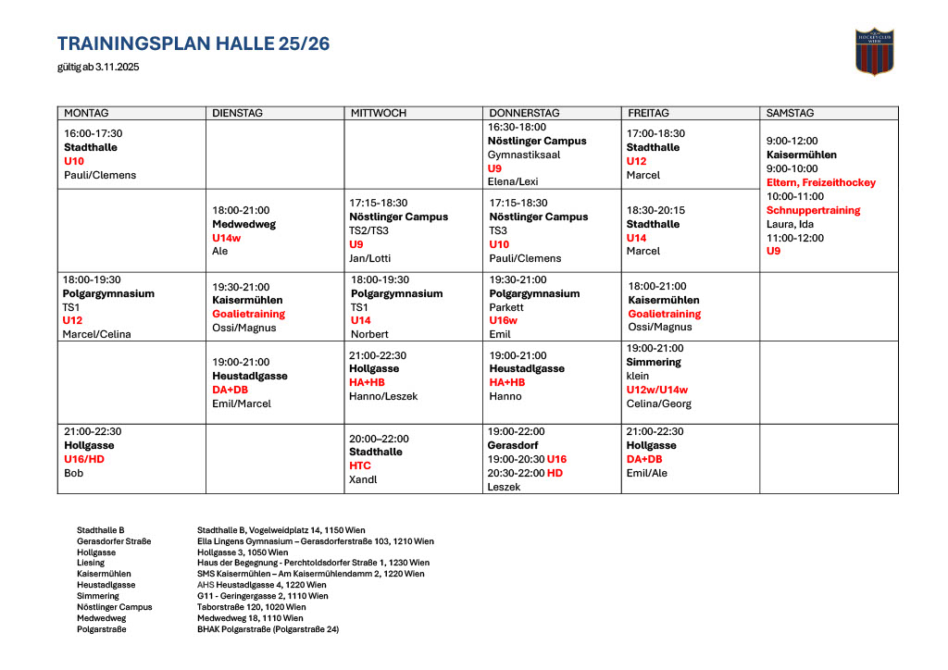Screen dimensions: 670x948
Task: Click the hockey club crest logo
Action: click(x=874, y=51)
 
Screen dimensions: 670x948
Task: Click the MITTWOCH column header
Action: click(x=378, y=113)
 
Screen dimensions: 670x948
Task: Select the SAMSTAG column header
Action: click(x=790, y=113)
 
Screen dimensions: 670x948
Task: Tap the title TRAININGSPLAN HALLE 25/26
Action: click(x=193, y=43)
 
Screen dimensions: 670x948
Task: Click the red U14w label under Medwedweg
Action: click(x=227, y=238)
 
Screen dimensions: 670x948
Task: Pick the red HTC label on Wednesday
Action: click(x=360, y=465)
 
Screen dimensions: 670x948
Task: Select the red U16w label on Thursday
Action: click(x=504, y=320)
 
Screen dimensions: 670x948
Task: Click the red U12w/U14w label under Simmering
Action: click(x=657, y=390)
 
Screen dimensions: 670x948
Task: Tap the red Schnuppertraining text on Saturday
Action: click(x=813, y=210)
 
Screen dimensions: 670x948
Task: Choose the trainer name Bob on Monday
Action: click(x=73, y=473)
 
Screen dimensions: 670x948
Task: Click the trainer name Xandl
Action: click(x=363, y=479)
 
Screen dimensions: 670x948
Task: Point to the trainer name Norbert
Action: click(x=369, y=334)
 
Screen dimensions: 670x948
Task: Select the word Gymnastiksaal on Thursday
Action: click(x=524, y=155)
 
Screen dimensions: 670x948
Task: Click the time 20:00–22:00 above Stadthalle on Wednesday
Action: click(x=379, y=439)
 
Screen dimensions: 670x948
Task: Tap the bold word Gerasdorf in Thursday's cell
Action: click(x=515, y=445)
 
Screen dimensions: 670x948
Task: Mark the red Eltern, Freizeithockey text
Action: click(x=820, y=182)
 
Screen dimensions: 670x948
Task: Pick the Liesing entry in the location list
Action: click(x=91, y=562)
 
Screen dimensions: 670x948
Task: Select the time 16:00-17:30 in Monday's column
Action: click(x=93, y=133)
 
